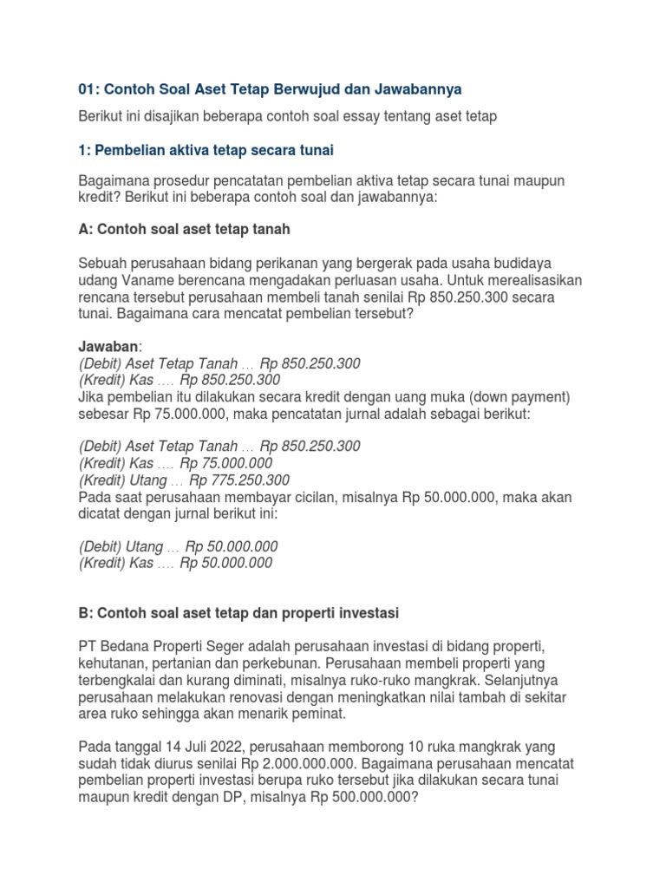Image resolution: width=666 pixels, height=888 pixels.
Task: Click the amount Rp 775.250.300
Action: point(239,480)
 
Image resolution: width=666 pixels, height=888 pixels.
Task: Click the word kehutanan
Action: point(114,663)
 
